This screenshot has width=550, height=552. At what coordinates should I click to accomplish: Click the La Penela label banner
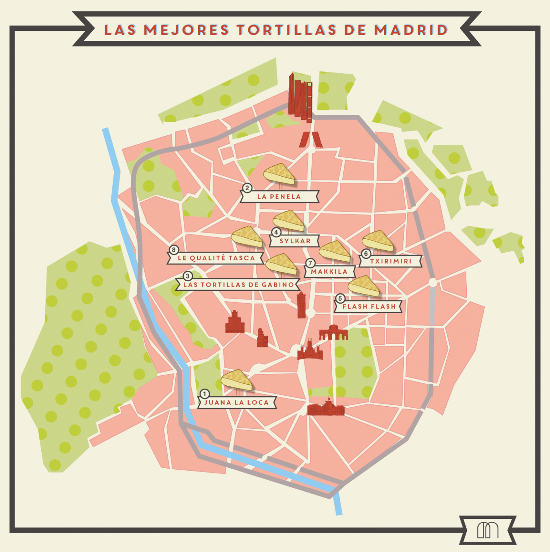pyautogui.click(x=279, y=197)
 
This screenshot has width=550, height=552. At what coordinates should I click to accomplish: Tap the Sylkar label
pyautogui.click(x=295, y=241)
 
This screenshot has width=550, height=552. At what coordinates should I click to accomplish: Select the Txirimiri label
pyautogui.click(x=391, y=261)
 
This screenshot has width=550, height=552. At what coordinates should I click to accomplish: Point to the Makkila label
pyautogui.click(x=329, y=272)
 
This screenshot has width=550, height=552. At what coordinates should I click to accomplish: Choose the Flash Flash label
pyautogui.click(x=369, y=307)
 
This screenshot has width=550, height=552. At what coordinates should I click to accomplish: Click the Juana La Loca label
pyautogui.click(x=236, y=402)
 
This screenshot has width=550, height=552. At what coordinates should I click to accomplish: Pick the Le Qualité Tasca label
pyautogui.click(x=216, y=258)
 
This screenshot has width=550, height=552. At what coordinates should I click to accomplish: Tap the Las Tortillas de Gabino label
pyautogui.click(x=238, y=285)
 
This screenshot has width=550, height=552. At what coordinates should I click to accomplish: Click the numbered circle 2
pyautogui.click(x=247, y=188)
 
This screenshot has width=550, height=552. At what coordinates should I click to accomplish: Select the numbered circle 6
pyautogui.click(x=366, y=254)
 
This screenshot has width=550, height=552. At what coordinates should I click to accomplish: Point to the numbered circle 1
pyautogui.click(x=205, y=394)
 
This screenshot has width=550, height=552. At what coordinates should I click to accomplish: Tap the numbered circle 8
pyautogui.click(x=174, y=250)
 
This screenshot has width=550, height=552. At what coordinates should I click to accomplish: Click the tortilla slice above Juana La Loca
pyautogui.click(x=236, y=380)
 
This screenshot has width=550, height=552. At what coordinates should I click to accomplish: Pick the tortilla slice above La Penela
pyautogui.click(x=279, y=174)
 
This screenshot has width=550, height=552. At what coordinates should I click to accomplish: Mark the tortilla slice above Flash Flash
pyautogui.click(x=364, y=286)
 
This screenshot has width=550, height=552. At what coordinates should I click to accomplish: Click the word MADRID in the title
pyautogui.click(x=411, y=30)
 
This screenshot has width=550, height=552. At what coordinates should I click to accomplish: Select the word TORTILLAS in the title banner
pyautogui.click(x=286, y=30)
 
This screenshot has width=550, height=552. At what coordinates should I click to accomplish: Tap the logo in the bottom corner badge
pyautogui.click(x=487, y=530)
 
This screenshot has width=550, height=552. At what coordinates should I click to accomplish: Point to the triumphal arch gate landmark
pyautogui.click(x=333, y=333)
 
